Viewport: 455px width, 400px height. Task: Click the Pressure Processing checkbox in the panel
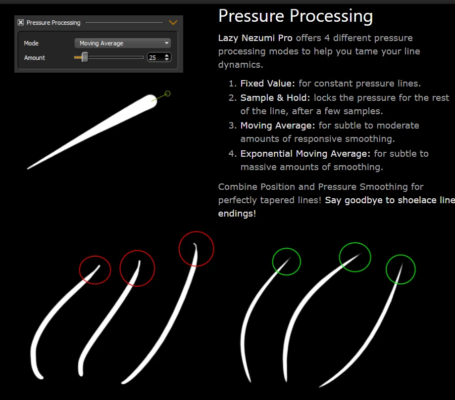point(21,22)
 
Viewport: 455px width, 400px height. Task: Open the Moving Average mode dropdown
point(122,43)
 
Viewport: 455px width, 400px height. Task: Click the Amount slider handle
point(85,57)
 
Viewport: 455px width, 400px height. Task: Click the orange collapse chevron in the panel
point(173,22)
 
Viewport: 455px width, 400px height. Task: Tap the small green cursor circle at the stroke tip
point(167,93)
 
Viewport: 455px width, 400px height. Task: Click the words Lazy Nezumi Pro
point(255,38)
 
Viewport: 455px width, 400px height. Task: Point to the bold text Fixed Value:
point(267,84)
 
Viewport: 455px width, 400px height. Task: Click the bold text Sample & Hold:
point(275,98)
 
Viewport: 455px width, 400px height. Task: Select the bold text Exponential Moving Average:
point(305,154)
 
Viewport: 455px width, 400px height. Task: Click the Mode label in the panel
point(31,43)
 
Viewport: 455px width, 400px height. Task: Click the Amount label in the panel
point(35,58)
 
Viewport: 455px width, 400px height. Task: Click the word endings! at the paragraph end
point(237,214)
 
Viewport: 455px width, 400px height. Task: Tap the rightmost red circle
point(197,231)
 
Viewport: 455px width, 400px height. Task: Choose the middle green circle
point(355,243)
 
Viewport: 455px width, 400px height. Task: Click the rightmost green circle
point(401,255)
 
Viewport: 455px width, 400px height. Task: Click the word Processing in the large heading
point(331,16)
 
